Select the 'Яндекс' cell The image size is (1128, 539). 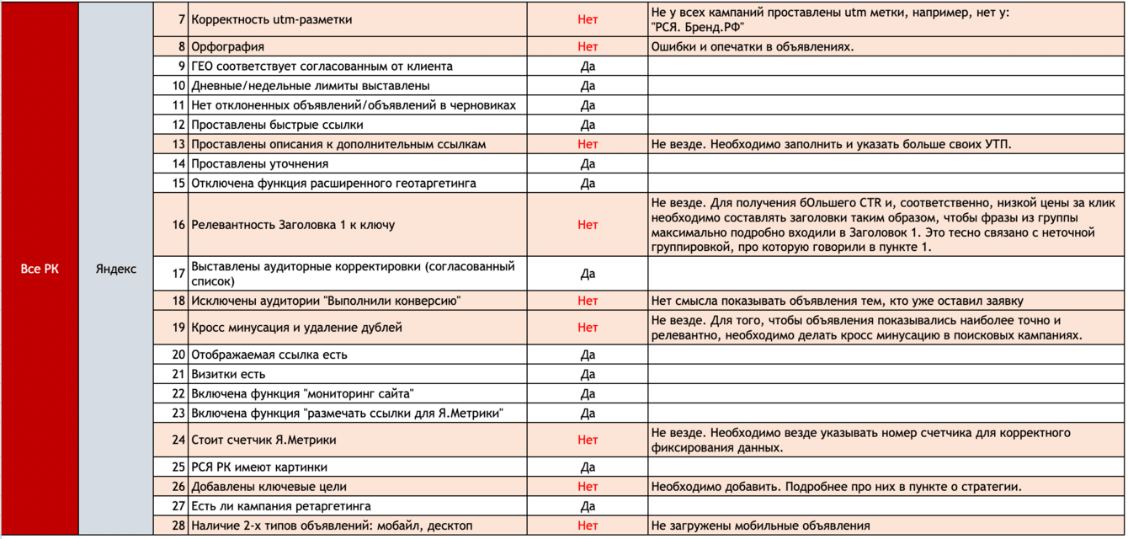116,269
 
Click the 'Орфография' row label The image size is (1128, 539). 228,46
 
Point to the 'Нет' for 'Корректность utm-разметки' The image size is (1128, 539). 588,19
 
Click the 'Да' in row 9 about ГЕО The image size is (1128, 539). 588,66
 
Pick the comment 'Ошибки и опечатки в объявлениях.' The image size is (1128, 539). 753,46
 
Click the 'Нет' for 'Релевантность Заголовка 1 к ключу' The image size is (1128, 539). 588,225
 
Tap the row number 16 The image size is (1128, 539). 178,225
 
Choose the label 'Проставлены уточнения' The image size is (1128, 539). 259,163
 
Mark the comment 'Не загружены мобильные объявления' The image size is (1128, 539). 760,526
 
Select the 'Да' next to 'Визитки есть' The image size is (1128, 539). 588,374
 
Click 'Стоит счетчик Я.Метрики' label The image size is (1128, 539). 263,440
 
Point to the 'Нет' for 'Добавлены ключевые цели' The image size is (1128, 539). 588,487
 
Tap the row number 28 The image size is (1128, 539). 178,526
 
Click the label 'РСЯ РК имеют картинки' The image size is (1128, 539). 259,467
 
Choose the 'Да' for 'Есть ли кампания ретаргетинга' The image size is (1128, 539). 588,506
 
